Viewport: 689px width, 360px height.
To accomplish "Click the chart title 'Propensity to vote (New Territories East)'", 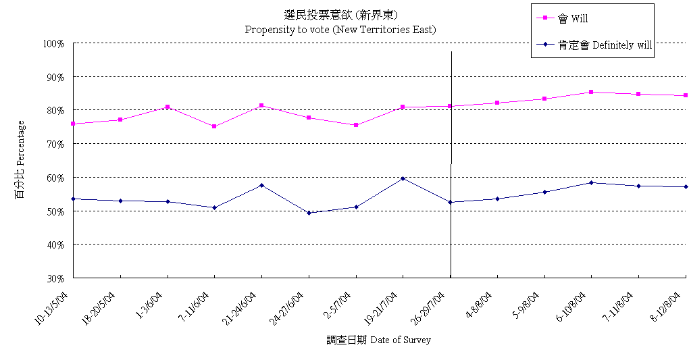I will click(340, 30).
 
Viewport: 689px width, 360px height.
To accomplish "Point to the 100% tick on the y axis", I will click(53, 43).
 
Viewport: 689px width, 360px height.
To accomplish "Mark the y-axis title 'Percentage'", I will click(20, 159).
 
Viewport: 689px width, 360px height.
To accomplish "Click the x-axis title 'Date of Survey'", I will click(378, 340).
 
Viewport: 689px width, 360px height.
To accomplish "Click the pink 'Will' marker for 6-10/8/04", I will click(591, 92).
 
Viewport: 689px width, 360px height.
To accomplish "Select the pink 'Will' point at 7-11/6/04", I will click(214, 126).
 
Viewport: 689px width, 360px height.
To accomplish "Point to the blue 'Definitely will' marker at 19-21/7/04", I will click(403, 178).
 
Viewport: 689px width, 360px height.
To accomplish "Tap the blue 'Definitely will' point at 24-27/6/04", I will click(309, 213).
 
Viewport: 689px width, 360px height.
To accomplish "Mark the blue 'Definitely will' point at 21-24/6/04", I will click(261, 185).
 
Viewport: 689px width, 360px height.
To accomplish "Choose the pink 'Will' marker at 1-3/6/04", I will click(168, 107).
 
